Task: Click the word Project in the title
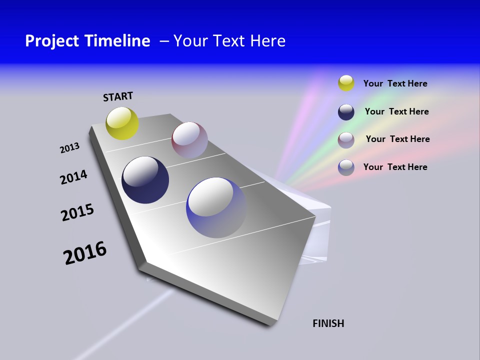pyautogui.click(x=50, y=41)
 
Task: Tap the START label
pyautogui.click(x=118, y=96)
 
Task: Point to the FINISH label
pyautogui.click(x=328, y=323)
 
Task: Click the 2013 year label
pyautogui.click(x=69, y=148)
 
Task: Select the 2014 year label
pyautogui.click(x=73, y=177)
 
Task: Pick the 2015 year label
pyautogui.click(x=77, y=212)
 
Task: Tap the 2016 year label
pyautogui.click(x=85, y=253)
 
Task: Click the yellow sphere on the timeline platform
pyautogui.click(x=122, y=123)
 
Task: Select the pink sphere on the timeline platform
pyautogui.click(x=189, y=139)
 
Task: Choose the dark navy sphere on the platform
pyautogui.click(x=145, y=180)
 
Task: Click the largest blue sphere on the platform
pyautogui.click(x=216, y=207)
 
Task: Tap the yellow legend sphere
pyautogui.click(x=346, y=83)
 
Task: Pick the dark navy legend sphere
pyautogui.click(x=346, y=112)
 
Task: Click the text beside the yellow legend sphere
pyautogui.click(x=395, y=83)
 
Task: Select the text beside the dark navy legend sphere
pyautogui.click(x=396, y=111)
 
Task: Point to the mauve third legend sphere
pyautogui.click(x=346, y=140)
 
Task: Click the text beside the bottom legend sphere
pyautogui.click(x=395, y=167)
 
